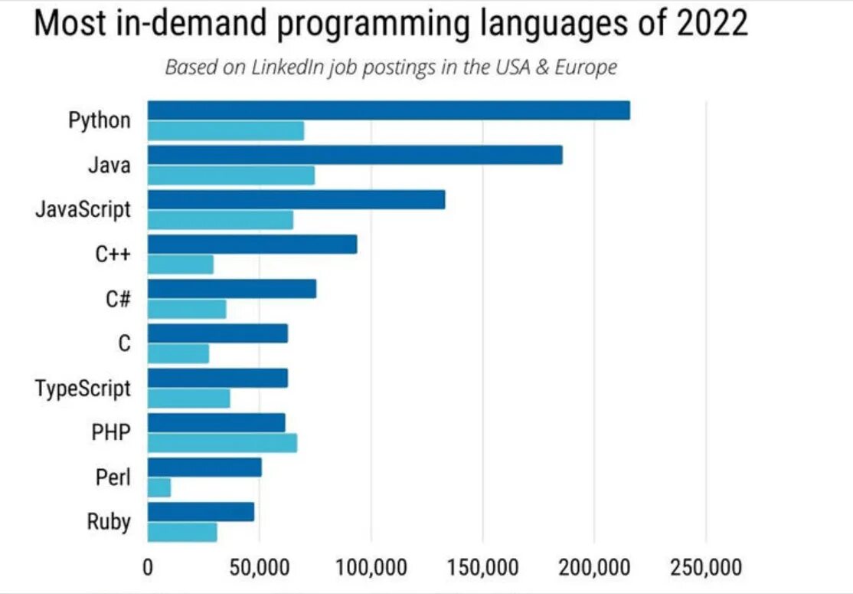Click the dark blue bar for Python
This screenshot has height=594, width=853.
[388, 110]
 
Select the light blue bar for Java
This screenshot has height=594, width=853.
[230, 176]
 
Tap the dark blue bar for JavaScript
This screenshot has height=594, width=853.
[296, 200]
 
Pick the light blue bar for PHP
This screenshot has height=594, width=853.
[222, 443]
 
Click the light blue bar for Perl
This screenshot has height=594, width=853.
[159, 487]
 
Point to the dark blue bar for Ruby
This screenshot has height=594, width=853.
[201, 512]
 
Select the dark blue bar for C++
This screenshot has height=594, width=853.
[252, 244]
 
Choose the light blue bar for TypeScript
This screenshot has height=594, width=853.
[188, 399]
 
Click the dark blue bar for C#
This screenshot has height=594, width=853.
[231, 289]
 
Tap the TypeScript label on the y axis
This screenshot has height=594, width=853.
[83, 389]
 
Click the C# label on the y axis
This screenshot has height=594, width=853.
[118, 299]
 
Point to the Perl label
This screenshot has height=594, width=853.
[113, 477]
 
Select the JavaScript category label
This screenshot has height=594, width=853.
[83, 209]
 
